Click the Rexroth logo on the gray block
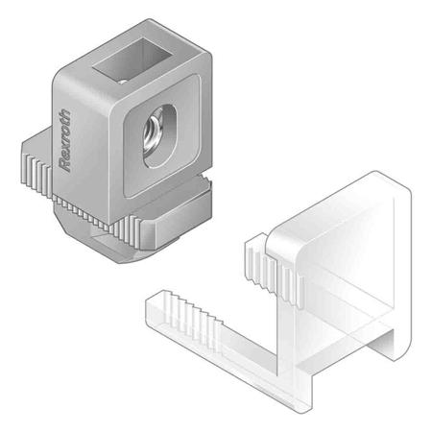(65, 140)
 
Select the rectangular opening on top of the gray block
(132, 60)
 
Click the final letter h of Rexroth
(64, 114)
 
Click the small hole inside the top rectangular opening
(123, 82)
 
